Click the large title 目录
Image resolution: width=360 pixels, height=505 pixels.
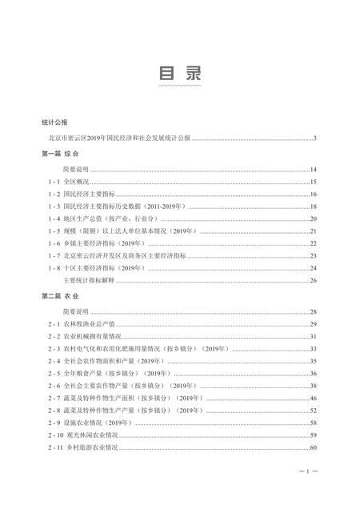tap(180, 73)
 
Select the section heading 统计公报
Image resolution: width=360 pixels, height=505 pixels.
tap(54, 122)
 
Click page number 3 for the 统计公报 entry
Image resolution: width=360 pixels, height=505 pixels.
tap(316, 138)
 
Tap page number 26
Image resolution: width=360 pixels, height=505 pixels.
tap(314, 279)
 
